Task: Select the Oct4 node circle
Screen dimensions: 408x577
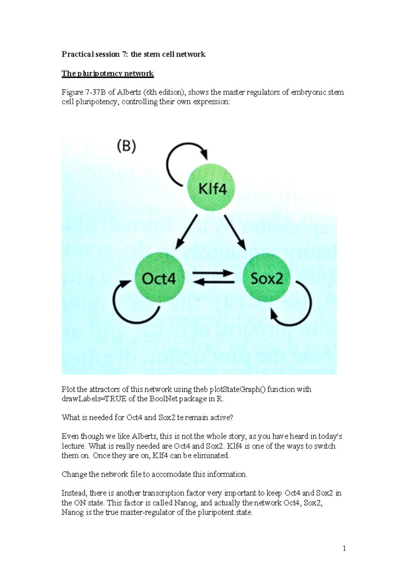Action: point(159,278)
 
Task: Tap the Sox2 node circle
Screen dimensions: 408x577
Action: point(266,278)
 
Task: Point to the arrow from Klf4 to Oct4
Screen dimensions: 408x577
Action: point(186,232)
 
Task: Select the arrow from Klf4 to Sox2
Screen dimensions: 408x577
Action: point(235,232)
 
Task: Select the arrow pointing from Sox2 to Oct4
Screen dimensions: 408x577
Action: point(213,282)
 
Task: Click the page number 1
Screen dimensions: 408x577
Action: point(344,548)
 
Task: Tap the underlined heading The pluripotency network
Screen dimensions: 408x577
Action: point(107,73)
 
